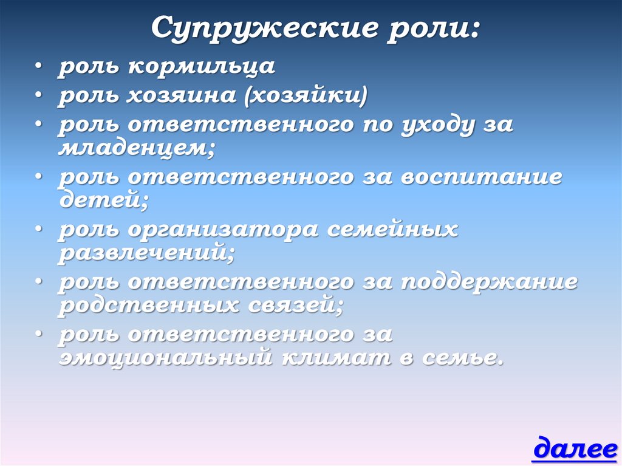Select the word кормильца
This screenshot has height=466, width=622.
pos(201,67)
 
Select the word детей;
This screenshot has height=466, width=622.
pos(103,200)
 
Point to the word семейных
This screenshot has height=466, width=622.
pos(392,231)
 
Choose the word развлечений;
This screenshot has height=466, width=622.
pos(146,253)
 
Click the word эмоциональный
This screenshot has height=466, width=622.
pos(164,358)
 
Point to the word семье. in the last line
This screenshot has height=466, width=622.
pos(461,358)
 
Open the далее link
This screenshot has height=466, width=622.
pos(575,450)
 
